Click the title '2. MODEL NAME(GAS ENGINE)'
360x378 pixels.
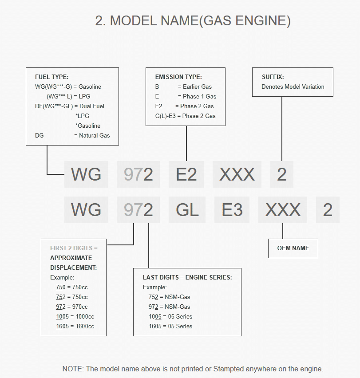[193, 21]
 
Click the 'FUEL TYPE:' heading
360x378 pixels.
[51, 77]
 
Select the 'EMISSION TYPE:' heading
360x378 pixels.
[178, 77]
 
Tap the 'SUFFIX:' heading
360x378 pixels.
[273, 77]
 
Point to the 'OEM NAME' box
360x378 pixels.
[293, 248]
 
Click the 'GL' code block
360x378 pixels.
[187, 210]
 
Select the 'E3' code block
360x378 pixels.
[232, 210]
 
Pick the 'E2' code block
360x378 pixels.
[186, 174]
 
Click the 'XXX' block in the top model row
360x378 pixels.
[237, 174]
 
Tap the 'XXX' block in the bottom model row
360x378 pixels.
[283, 210]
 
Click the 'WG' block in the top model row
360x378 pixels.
[86, 174]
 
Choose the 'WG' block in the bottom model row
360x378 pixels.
[86, 210]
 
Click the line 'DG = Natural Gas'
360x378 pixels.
[72, 135]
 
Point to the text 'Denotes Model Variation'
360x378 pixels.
[293, 87]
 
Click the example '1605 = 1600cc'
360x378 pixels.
[75, 326]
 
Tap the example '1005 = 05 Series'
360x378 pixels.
[170, 316]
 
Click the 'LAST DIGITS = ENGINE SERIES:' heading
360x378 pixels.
[187, 277]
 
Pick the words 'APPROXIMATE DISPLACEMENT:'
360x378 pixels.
[73, 263]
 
